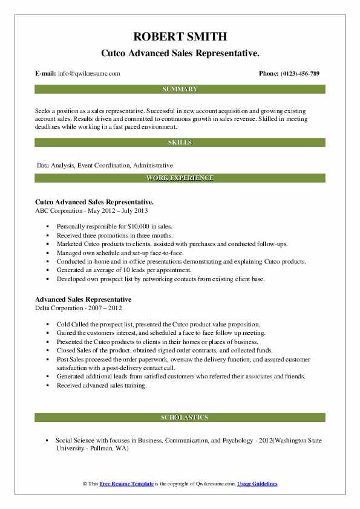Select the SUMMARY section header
tap(180, 89)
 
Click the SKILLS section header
tap(180, 143)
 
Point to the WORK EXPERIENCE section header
tap(180, 178)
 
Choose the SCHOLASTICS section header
tap(180, 418)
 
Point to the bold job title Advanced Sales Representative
tap(83, 299)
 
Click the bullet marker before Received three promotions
tap(47, 235)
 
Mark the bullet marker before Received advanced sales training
tap(47, 386)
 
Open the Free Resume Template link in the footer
tap(126, 485)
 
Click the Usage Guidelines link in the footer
tap(257, 485)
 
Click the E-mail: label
tap(46, 74)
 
